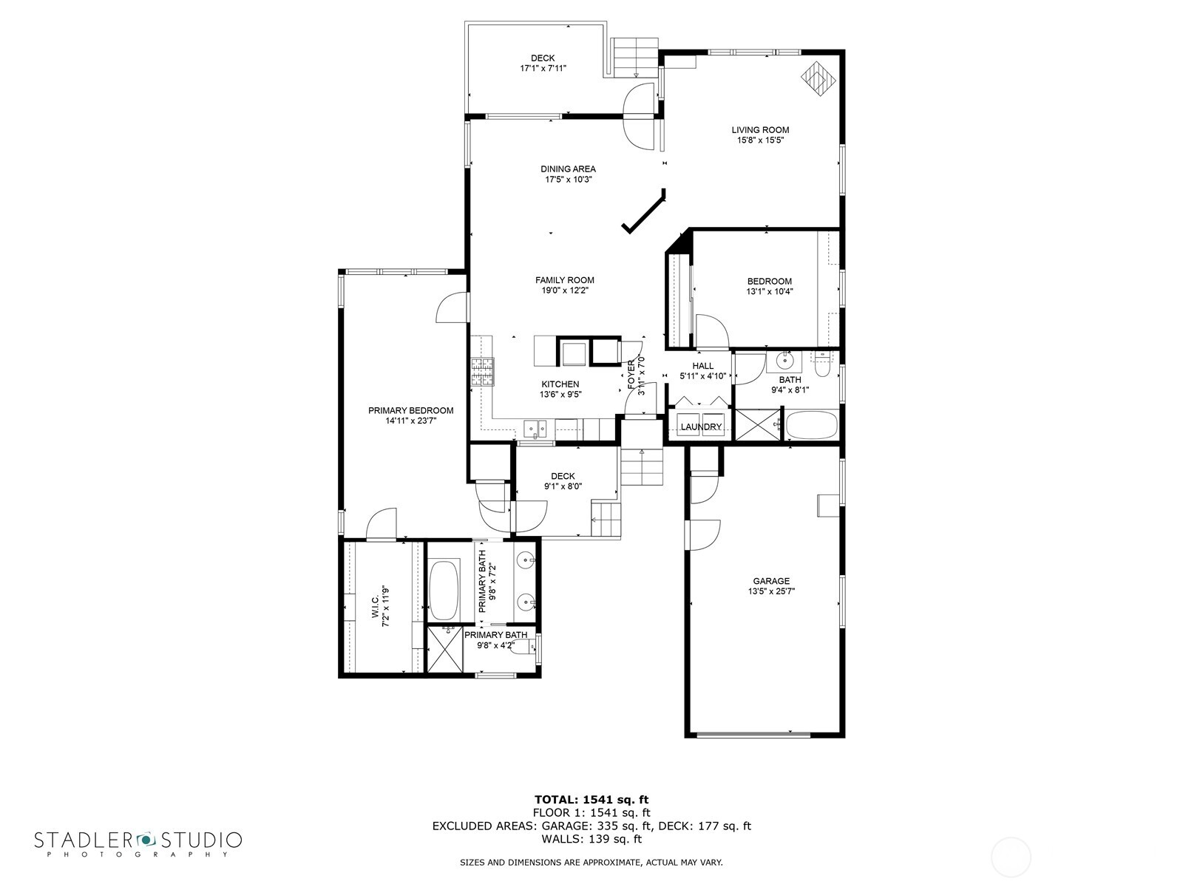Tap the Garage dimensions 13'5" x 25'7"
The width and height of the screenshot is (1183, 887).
(x=770, y=591)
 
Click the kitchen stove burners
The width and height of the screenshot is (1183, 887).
(x=481, y=372)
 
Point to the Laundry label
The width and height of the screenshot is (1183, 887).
(x=700, y=427)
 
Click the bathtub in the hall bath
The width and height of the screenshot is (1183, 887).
(x=811, y=427)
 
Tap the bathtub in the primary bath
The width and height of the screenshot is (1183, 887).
(x=444, y=591)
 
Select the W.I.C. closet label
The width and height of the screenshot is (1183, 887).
(x=375, y=606)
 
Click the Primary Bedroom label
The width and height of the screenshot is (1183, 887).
(x=410, y=411)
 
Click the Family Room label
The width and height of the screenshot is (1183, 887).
(x=564, y=280)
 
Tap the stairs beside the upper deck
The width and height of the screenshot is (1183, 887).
(x=635, y=55)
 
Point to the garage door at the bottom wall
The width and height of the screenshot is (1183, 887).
(x=753, y=734)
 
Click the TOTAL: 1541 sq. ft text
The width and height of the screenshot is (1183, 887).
(x=591, y=799)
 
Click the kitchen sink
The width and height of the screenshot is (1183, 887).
(x=535, y=428)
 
